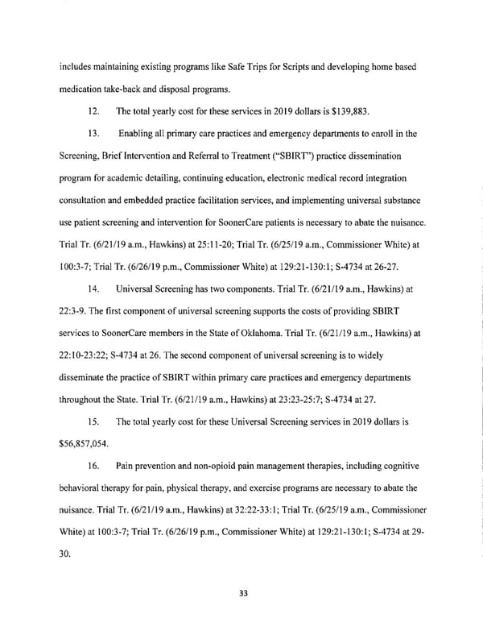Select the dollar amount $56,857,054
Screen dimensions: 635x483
click(x=85, y=442)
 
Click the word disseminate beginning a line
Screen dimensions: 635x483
click(x=85, y=376)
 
